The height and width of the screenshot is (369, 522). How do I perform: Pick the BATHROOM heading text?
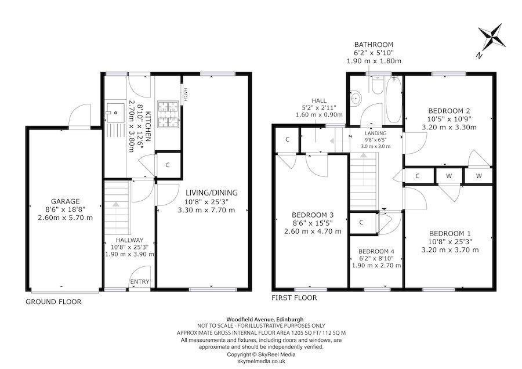[x=374, y=45]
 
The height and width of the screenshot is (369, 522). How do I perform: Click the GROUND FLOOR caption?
[x=54, y=302]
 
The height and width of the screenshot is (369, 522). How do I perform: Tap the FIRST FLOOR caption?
[x=294, y=298]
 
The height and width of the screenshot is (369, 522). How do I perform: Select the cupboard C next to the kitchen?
[x=168, y=165]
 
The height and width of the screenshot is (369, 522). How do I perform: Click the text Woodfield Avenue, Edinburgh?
[x=260, y=319]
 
